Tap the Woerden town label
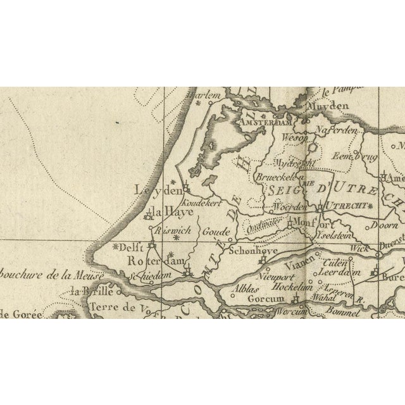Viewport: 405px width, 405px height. tap(292, 207)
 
